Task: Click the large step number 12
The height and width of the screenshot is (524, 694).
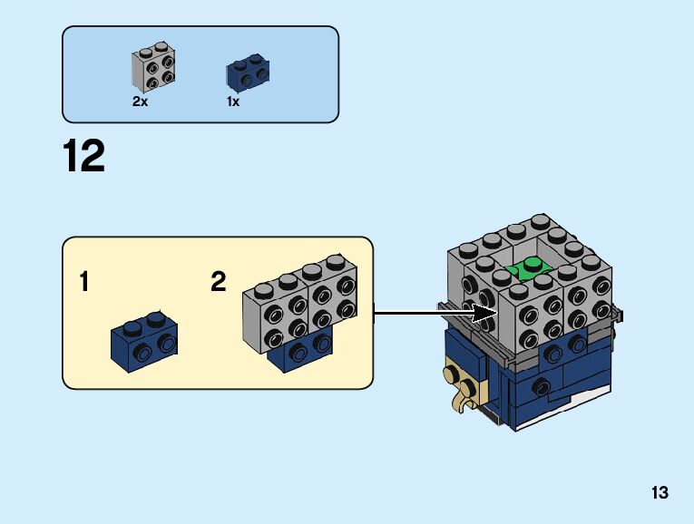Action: pyautogui.click(x=84, y=156)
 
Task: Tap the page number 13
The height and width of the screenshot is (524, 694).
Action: pyautogui.click(x=659, y=493)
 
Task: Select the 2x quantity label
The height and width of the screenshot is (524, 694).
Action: pyautogui.click(x=140, y=102)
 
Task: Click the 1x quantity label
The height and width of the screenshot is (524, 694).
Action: pyautogui.click(x=233, y=102)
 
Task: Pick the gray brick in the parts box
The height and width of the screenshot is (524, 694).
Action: pyautogui.click(x=152, y=68)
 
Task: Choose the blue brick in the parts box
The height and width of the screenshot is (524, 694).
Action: pyautogui.click(x=246, y=73)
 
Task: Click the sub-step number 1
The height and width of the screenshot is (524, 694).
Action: pyautogui.click(x=84, y=283)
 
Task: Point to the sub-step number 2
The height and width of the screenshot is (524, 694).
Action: pyautogui.click(x=218, y=283)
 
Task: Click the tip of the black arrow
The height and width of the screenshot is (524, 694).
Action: pyautogui.click(x=496, y=314)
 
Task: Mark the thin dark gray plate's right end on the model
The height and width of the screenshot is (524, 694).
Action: pyautogui.click(x=621, y=315)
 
